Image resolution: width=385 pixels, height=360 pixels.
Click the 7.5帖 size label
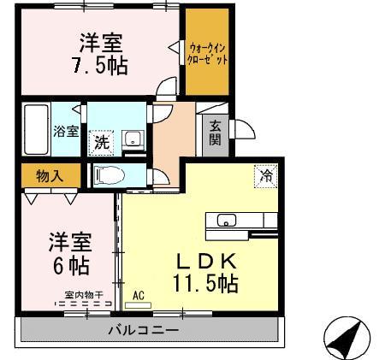coord(100,65)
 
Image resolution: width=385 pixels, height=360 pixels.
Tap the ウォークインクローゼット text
coord(208,55)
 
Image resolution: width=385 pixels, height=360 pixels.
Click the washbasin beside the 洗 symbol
coord(133,140)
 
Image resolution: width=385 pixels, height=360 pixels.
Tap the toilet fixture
coord(110,174)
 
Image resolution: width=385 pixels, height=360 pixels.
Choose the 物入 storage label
coord(49,174)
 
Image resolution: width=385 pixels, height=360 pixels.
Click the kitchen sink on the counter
coord(226,220)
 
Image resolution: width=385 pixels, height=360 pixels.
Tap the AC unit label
coord(139,297)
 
